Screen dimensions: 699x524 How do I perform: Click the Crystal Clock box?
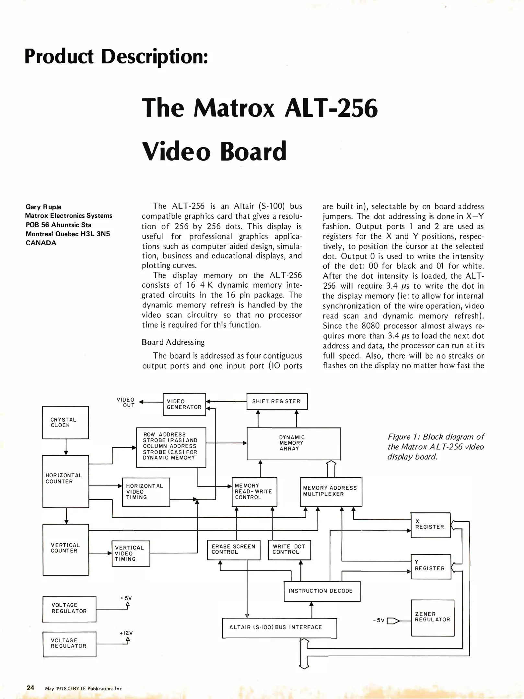65,422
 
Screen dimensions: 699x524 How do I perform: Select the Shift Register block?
277,401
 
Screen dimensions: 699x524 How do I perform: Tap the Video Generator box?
184,404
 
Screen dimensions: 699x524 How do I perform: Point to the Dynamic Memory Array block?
294,443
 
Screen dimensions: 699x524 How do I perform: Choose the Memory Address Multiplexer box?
331,492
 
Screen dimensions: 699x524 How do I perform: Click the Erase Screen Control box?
233,550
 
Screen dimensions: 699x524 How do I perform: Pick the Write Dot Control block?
289,550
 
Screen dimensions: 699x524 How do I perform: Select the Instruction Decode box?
322,591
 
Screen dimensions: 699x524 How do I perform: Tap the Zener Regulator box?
432,617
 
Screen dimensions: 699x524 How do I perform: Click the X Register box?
430,525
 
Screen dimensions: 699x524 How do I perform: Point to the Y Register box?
431,567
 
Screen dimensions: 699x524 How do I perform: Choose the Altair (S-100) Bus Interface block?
279,627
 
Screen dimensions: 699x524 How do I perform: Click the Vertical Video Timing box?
131,553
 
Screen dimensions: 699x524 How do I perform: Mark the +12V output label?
126,633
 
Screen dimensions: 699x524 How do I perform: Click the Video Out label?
126,402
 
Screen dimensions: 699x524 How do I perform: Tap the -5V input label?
378,621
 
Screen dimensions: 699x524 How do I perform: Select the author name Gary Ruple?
43,207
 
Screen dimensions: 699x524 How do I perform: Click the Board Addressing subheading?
173,342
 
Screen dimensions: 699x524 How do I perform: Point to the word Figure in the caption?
399,437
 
